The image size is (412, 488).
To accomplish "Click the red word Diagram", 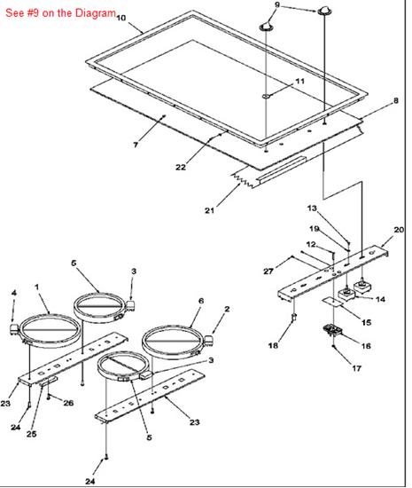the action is tap(96, 13).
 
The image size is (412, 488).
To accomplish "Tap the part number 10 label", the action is tap(120, 18).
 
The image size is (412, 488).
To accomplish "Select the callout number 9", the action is tap(277, 5).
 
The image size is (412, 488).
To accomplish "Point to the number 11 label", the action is tap(299, 82).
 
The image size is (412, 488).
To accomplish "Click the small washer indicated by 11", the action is tap(267, 96).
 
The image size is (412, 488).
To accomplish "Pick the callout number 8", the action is tap(395, 100).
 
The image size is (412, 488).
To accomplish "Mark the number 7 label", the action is tap(136, 145).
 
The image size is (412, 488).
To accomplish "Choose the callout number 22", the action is tap(181, 167).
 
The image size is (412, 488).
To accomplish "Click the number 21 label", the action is tap(209, 210).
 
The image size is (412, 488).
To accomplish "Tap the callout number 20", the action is tap(399, 230).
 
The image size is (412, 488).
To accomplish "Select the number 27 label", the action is tap(268, 272).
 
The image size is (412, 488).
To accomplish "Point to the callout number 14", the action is tap(380, 299).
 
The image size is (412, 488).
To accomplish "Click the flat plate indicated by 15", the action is tap(332, 301).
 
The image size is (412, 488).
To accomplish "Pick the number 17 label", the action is tap(357, 368).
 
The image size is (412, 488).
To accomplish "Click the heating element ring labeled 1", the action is tap(50, 317).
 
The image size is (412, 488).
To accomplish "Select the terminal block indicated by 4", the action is tap(14, 329).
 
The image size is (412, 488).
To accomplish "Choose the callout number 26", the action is tap(68, 403).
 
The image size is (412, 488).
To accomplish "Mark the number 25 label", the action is tap(31, 434).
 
